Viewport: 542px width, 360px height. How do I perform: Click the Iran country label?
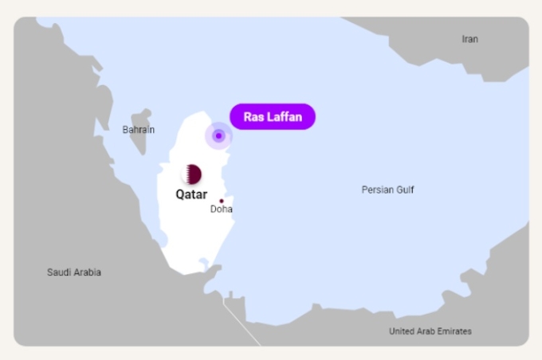point(470,39)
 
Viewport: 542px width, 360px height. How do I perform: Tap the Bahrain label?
point(139,130)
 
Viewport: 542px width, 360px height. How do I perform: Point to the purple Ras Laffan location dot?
point(218,135)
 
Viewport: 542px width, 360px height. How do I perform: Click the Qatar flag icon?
point(192,174)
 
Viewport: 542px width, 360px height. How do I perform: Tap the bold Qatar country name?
point(191,194)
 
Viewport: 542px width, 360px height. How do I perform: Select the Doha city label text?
point(222,209)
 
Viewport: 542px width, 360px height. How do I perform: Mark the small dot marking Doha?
point(222,201)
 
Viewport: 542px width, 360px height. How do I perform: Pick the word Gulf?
point(405,190)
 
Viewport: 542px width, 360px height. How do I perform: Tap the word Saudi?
point(59,272)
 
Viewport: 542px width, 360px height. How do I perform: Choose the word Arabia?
point(88,272)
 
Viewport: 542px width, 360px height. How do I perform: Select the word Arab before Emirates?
point(427,331)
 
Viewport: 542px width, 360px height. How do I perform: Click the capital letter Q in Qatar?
point(180,194)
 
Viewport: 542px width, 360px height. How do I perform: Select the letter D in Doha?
point(214,209)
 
